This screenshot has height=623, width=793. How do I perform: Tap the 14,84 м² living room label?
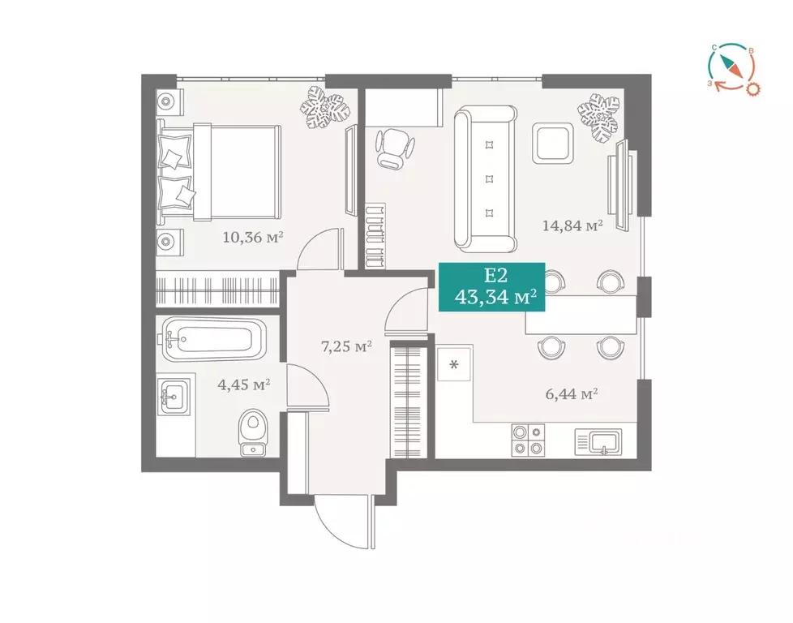(x=572, y=226)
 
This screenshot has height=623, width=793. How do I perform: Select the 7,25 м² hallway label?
(x=346, y=347)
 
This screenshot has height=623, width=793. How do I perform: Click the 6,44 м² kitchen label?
(x=572, y=395)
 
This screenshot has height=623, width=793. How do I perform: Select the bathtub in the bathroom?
(x=212, y=341)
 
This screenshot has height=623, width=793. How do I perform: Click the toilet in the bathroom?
(x=254, y=432)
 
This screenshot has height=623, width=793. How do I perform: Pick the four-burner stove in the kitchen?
(x=528, y=442)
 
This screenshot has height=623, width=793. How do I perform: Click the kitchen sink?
(x=600, y=442)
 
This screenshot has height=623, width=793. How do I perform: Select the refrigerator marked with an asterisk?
(x=454, y=364)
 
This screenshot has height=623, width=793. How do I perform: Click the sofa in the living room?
(x=485, y=179)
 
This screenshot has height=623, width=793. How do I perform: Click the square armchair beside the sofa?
(x=554, y=143)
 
